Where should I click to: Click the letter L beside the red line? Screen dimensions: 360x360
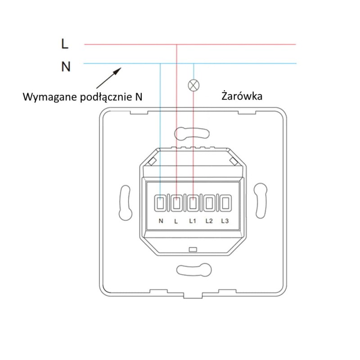point(65,44)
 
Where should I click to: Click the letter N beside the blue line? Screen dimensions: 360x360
point(66,67)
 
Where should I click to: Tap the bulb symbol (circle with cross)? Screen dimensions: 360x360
point(193,85)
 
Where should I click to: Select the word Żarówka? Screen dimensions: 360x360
point(242,96)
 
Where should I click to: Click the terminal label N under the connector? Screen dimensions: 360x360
point(161,221)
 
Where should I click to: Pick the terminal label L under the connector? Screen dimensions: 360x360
point(176,221)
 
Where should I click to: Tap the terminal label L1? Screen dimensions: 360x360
point(193,221)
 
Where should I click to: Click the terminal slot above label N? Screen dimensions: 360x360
point(161,203)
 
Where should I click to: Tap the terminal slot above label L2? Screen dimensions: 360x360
point(209,203)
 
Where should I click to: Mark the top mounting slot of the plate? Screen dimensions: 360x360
point(192,133)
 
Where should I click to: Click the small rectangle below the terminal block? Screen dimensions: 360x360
point(193,249)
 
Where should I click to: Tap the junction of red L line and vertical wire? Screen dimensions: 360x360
point(177,44)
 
